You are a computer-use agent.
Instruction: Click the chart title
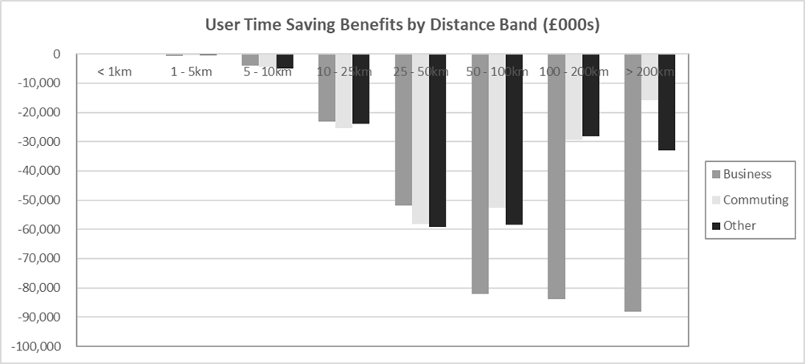[402, 25]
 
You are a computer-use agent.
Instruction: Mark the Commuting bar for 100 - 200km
[573, 97]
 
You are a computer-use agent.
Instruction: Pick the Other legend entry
[739, 225]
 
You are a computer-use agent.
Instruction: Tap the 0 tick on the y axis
[57, 55]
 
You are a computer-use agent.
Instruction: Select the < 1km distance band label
[115, 72]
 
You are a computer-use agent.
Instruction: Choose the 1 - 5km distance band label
[191, 72]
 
